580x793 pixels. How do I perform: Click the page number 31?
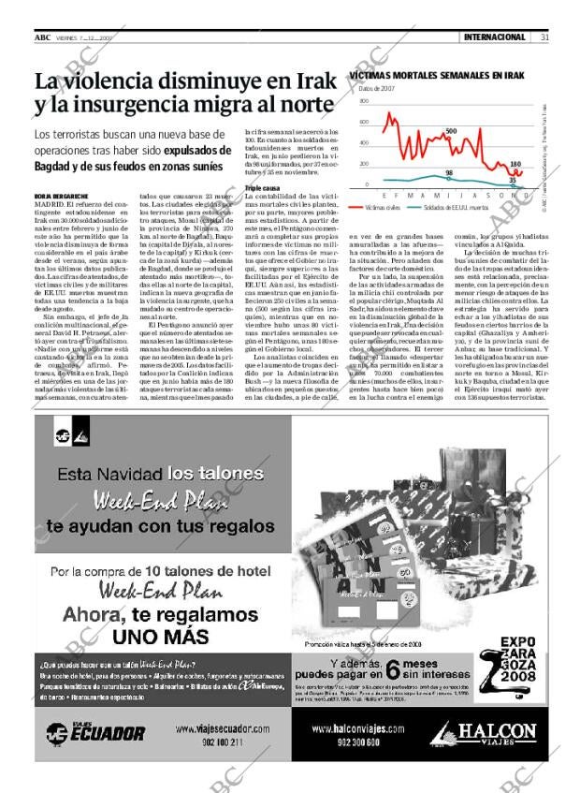544,37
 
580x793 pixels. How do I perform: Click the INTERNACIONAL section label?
495,37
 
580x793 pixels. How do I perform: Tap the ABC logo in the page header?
42,37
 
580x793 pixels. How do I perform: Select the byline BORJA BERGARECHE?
62,195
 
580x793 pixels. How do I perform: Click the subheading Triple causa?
263,188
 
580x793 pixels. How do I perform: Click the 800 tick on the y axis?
365,100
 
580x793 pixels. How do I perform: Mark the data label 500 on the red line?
451,131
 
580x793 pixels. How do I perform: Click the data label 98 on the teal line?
449,173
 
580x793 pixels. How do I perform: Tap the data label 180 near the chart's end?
515,164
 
